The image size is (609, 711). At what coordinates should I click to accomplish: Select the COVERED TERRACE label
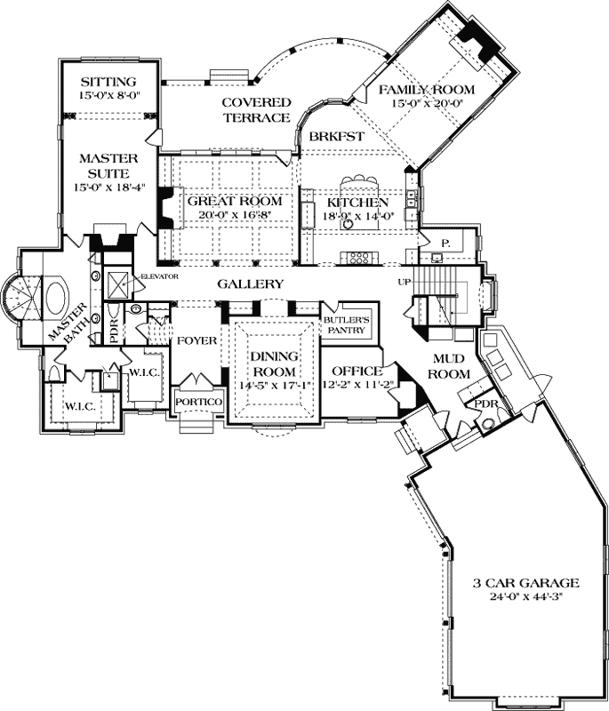click(x=256, y=109)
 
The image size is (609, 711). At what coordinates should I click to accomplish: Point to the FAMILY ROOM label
click(x=427, y=91)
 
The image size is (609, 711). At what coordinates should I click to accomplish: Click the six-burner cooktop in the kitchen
click(x=360, y=259)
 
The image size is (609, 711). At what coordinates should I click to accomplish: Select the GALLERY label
click(x=251, y=284)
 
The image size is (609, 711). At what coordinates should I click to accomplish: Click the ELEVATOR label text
click(x=160, y=276)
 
